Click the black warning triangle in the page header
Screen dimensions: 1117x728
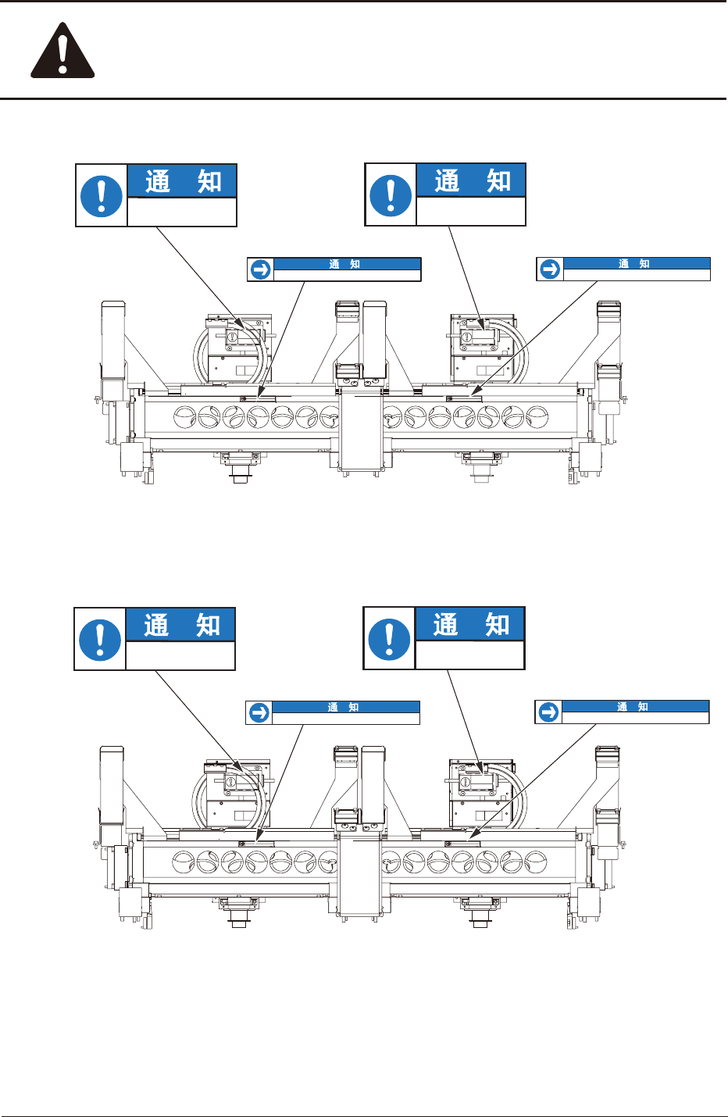click(62, 52)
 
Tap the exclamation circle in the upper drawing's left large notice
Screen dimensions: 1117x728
click(102, 195)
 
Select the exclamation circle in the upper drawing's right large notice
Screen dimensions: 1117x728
click(391, 194)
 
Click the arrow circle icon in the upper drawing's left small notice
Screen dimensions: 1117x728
click(261, 269)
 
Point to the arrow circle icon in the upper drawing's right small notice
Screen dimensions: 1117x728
click(550, 269)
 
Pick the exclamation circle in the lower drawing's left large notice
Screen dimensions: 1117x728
click(100, 639)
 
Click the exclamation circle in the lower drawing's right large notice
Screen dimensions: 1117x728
click(389, 638)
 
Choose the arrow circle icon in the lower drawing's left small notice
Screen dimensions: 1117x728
click(259, 712)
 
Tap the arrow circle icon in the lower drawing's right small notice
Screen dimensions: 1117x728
click(548, 712)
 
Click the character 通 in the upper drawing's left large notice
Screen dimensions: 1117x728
click(158, 182)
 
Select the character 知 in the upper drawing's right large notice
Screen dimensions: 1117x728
click(498, 181)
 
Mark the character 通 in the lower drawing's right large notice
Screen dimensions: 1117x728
click(445, 625)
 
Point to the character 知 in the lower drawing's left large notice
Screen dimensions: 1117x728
click(208, 626)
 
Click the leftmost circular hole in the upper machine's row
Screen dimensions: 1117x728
click(186, 416)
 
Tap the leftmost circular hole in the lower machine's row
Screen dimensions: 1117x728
click(184, 862)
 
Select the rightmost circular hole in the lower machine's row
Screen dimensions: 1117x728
click(535, 862)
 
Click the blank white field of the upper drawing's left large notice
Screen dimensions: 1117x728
click(181, 212)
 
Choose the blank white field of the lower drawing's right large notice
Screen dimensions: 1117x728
click(469, 655)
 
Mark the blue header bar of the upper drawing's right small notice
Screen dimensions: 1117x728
click(637, 264)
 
